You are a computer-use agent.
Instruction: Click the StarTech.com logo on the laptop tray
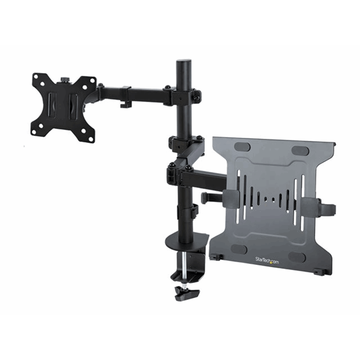click(x=267, y=260)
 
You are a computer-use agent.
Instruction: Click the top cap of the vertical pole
click(x=183, y=62)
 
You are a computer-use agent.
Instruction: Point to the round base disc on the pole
click(x=187, y=239)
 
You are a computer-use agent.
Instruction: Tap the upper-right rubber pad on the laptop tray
click(x=300, y=151)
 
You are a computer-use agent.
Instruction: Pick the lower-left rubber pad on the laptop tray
click(x=239, y=249)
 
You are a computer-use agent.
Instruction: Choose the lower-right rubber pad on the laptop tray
click(x=297, y=257)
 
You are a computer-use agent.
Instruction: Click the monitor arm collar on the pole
click(x=183, y=95)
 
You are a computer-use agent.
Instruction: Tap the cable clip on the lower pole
click(x=194, y=212)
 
